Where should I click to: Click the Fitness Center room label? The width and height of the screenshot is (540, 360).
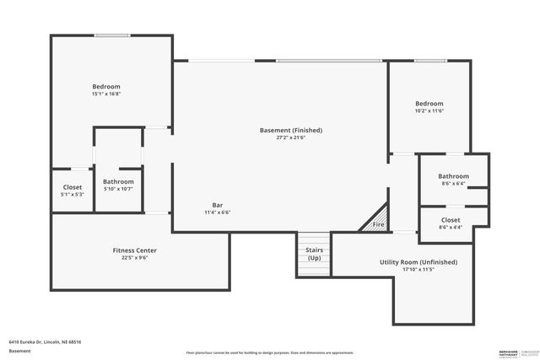pyautogui.click(x=135, y=250)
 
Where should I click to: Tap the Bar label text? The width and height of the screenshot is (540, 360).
pyautogui.click(x=217, y=205)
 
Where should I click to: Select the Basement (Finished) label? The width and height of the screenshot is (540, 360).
pyautogui.click(x=291, y=131)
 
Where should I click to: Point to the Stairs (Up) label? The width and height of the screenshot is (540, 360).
pyautogui.click(x=313, y=254)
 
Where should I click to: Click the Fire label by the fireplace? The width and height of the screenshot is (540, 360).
pyautogui.click(x=379, y=225)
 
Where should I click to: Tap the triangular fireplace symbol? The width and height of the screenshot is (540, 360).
pyautogui.click(x=375, y=218)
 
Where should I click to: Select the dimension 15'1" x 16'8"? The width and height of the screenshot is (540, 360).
pyautogui.click(x=106, y=94)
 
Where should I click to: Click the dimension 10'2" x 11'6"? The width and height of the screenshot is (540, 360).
pyautogui.click(x=429, y=111)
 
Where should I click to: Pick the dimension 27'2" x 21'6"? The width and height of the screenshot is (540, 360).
pyautogui.click(x=291, y=138)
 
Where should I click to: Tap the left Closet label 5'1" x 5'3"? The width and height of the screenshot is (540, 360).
pyautogui.click(x=73, y=191)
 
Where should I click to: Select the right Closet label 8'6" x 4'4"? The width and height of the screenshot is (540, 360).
pyautogui.click(x=451, y=223)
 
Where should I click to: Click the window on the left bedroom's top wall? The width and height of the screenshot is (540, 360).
pyautogui.click(x=111, y=35)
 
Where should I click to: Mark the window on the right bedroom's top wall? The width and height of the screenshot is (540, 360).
pyautogui.click(x=429, y=61)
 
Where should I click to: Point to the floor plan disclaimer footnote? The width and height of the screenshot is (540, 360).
pyautogui.click(x=269, y=352)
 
